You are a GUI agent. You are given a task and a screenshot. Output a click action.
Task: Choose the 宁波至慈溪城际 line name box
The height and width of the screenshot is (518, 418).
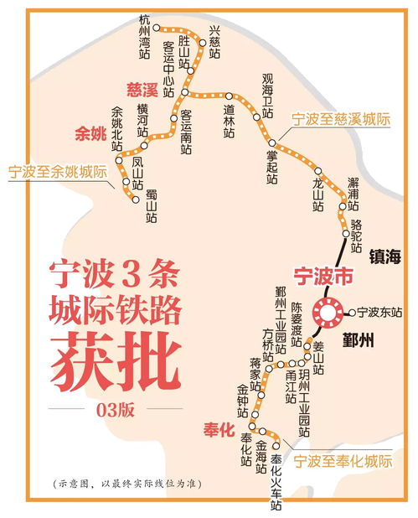(x=341, y=120)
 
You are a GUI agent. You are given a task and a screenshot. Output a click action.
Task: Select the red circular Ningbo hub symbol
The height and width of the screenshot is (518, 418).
(x=327, y=313)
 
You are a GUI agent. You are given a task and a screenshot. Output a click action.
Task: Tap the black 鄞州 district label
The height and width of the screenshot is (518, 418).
(x=361, y=342)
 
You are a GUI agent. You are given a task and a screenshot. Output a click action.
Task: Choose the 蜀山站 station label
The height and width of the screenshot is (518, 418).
(x=152, y=205)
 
